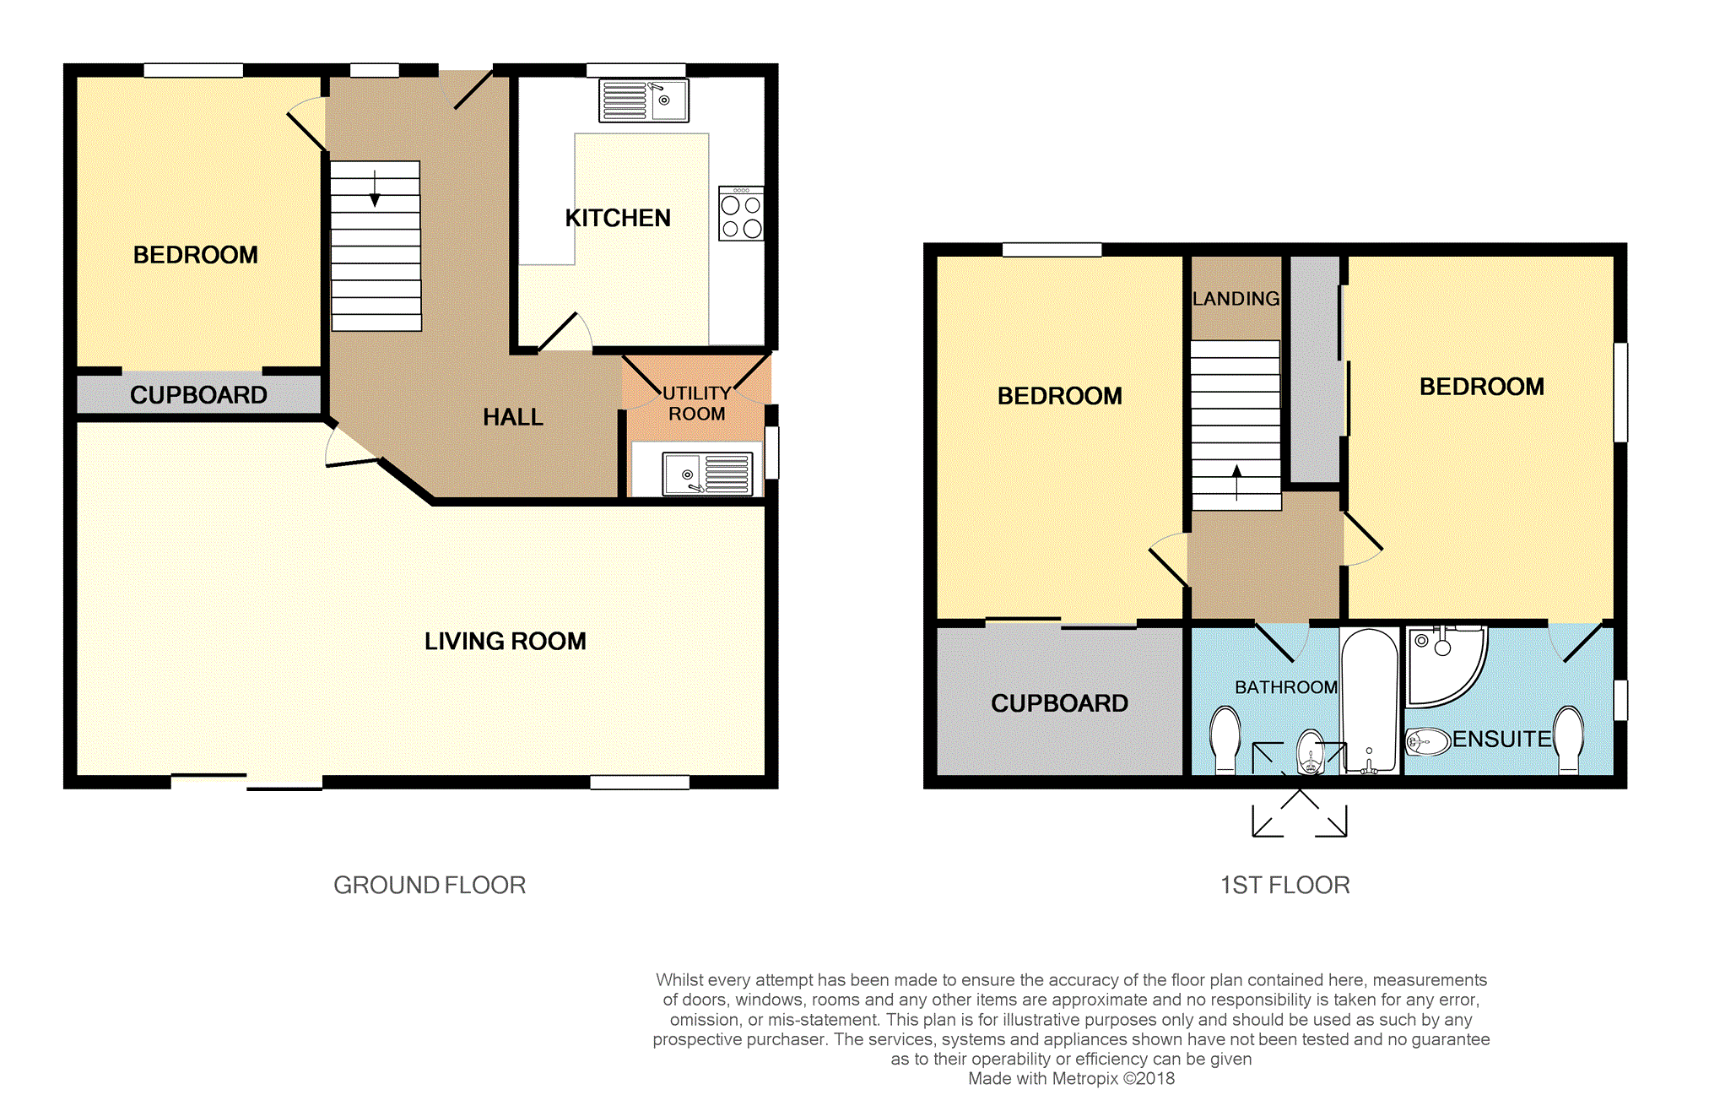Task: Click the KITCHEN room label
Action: pyautogui.click(x=618, y=218)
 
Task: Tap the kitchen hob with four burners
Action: pyautogui.click(x=741, y=214)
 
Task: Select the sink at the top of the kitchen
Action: pyautogui.click(x=643, y=100)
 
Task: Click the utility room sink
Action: pyautogui.click(x=707, y=474)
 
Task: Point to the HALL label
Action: pyautogui.click(x=513, y=417)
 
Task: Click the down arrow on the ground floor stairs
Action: pyautogui.click(x=375, y=188)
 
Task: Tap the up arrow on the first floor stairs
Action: pyautogui.click(x=1237, y=482)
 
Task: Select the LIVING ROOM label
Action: pyautogui.click(x=506, y=642)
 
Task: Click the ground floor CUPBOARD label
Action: pyautogui.click(x=198, y=395)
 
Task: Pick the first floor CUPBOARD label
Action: pyautogui.click(x=1059, y=703)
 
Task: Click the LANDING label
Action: pyautogui.click(x=1236, y=299)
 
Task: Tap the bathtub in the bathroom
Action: pyautogui.click(x=1370, y=701)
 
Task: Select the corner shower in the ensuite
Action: pyautogui.click(x=1445, y=665)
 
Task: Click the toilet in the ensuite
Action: pyautogui.click(x=1569, y=740)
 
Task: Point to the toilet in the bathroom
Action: pyautogui.click(x=1225, y=740)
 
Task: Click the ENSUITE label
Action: pyautogui.click(x=1502, y=740)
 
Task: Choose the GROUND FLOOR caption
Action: pyautogui.click(x=430, y=885)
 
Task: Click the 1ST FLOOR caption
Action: pyautogui.click(x=1285, y=885)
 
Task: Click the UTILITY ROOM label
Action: pyautogui.click(x=697, y=404)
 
